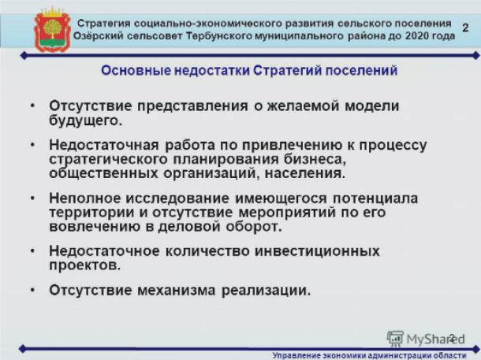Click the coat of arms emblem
tap(53, 30)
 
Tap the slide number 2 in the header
tap(465, 28)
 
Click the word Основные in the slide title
tap(136, 70)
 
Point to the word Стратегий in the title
tap(287, 70)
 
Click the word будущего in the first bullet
tap(86, 121)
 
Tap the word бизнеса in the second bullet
tap(315, 159)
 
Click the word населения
tap(305, 173)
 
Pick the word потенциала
tap(375, 199)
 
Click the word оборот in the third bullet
tap(254, 227)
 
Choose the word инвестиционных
tap(318, 251)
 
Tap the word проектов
tap(84, 265)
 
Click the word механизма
tap(176, 290)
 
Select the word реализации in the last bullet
tap(266, 291)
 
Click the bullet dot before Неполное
tap(32, 199)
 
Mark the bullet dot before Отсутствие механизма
tap(32, 290)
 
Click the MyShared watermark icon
tap(395, 339)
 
